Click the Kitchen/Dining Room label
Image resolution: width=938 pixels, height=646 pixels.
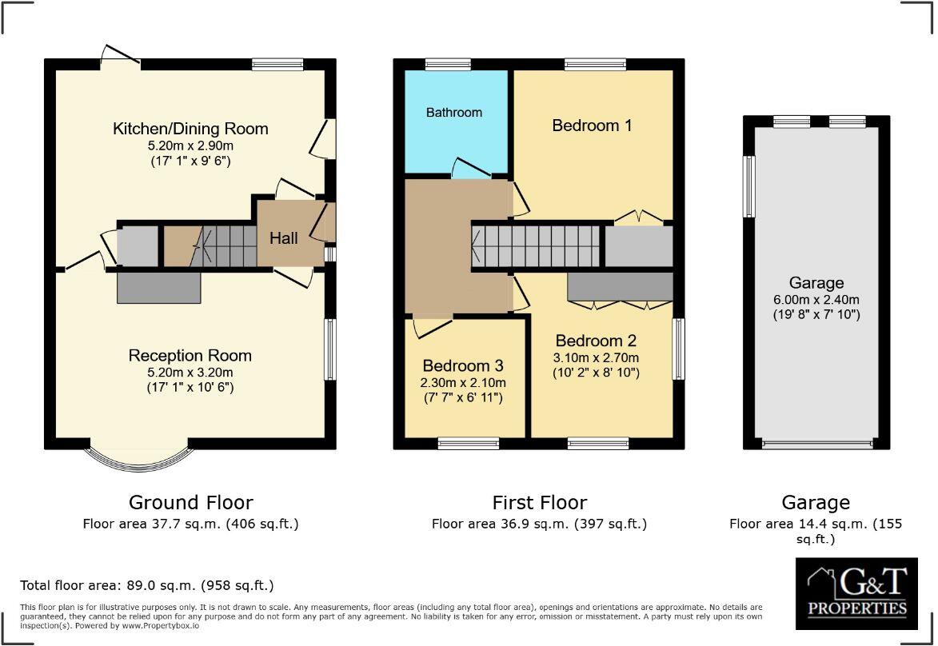(x=190, y=129)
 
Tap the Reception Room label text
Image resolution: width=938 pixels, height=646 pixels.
(x=190, y=356)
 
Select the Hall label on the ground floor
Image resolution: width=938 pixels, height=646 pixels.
(x=283, y=238)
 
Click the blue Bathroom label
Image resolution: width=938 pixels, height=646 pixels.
(x=453, y=113)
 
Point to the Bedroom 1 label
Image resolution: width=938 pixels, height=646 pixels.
(x=592, y=126)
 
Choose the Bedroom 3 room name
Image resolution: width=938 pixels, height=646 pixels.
(x=463, y=366)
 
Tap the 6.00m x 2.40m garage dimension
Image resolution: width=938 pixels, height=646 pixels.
(x=816, y=300)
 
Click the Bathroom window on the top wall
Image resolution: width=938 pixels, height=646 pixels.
(x=448, y=65)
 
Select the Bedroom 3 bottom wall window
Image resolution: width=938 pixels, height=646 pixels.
(x=468, y=443)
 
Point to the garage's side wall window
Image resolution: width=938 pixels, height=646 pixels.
(x=749, y=186)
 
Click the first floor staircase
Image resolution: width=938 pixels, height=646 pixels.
(x=536, y=245)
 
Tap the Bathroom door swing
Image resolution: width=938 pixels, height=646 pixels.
(x=469, y=167)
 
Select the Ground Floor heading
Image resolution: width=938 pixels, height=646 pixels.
(x=190, y=502)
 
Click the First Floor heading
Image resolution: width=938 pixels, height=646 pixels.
(x=539, y=502)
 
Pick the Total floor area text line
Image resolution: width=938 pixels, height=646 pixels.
(x=147, y=585)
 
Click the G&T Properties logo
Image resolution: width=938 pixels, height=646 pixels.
(x=856, y=594)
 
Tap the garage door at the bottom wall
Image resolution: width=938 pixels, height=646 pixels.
(x=816, y=445)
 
